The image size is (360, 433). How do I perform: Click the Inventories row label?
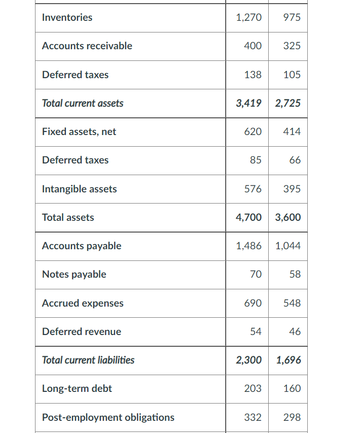coord(67,18)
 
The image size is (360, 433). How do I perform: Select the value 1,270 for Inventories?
coord(249,18)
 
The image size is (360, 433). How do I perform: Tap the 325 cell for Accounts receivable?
coord(292,46)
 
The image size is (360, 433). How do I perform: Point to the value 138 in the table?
coord(253,75)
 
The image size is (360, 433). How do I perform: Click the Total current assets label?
coord(83,104)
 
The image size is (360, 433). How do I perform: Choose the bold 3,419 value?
coord(249,104)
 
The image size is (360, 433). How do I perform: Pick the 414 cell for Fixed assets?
coord(292,132)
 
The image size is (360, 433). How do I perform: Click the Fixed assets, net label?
coord(79,132)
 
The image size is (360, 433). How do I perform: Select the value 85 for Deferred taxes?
coord(256,160)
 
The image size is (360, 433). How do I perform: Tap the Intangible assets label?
coord(79,189)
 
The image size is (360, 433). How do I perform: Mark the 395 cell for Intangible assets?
coord(292,189)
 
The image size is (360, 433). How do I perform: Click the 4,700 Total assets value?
coord(249,218)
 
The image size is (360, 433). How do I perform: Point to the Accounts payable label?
coord(82,246)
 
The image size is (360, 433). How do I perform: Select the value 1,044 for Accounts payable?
coord(288,246)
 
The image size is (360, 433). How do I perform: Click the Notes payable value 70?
coord(256,275)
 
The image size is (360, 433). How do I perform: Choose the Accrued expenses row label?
coord(83,304)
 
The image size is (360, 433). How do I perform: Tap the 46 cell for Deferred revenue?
coord(295,332)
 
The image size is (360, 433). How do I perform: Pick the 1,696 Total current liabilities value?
coord(288,360)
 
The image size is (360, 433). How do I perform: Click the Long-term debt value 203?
coord(253,389)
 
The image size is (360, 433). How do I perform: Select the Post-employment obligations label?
coord(108,418)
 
